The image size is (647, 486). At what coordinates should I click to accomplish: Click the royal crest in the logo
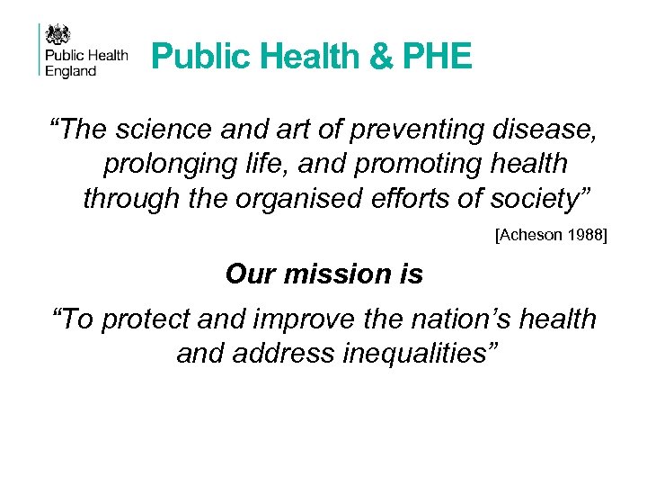(x=58, y=35)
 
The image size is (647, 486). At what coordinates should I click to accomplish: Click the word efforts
(x=414, y=197)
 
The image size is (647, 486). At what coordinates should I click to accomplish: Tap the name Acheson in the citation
(x=528, y=235)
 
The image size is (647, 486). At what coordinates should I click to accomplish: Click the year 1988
(x=585, y=235)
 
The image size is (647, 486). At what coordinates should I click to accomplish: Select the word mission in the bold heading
(x=334, y=274)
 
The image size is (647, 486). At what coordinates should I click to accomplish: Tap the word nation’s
(x=468, y=319)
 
